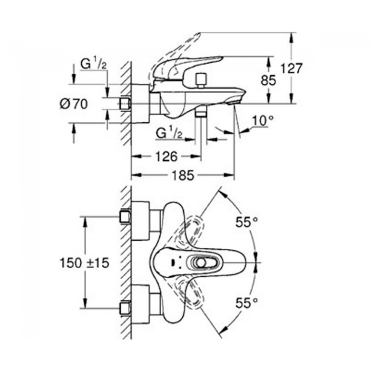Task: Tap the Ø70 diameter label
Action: point(74,104)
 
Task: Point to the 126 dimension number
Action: point(166,156)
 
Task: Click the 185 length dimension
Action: point(182,176)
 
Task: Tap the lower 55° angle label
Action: point(246,301)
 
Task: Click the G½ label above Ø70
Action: point(93,64)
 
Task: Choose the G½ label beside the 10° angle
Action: point(170,133)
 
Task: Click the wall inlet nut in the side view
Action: point(126,104)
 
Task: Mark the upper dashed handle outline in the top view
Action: point(194,232)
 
